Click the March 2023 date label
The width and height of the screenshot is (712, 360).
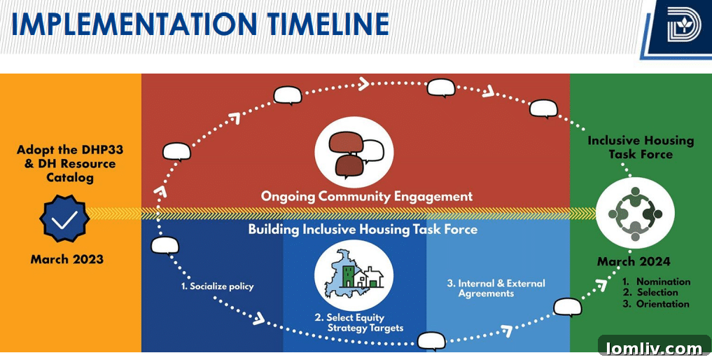67,259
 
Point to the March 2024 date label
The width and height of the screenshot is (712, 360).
634,261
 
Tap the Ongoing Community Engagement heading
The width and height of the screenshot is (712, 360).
367,197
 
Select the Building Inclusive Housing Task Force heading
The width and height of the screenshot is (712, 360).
363,229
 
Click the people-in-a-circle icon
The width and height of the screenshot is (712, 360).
635,213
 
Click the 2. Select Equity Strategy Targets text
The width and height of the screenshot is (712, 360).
359,323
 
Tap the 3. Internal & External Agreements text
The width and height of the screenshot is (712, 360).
496,289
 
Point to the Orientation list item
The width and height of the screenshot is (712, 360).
662,304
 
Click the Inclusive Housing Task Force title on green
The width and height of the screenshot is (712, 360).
641,147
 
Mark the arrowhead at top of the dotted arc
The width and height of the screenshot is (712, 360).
363,85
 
